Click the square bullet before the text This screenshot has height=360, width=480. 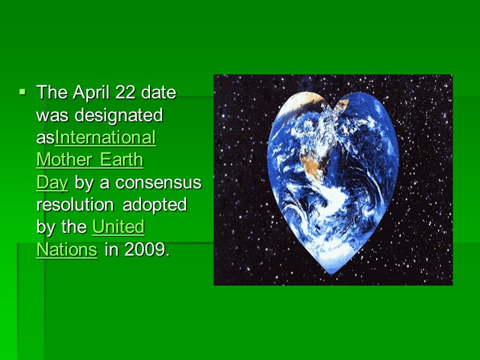point(22,92)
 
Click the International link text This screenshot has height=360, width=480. point(106,137)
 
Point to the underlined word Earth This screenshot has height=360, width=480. point(122,160)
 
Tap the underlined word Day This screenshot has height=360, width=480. point(52,182)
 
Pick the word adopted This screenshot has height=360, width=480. point(155,205)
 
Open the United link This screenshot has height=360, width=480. point(118,227)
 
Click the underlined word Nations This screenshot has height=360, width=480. point(67,249)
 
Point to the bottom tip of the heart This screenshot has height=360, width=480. point(332,273)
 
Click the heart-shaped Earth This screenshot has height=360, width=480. point(332,180)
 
